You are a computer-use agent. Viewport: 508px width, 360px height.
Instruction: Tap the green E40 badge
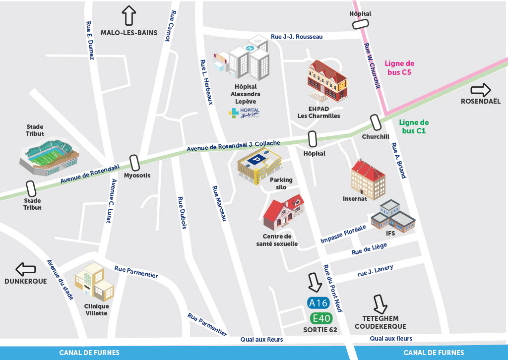pyautogui.click(x=321, y=318)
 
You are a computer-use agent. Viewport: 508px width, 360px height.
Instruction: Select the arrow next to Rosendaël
pyautogui.click(x=480, y=90)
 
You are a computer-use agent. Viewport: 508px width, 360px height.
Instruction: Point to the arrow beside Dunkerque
pyautogui.click(x=26, y=270)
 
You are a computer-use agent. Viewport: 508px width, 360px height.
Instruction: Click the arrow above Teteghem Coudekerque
pyautogui.click(x=381, y=304)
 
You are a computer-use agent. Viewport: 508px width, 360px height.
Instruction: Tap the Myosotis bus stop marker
pyautogui.click(x=134, y=162)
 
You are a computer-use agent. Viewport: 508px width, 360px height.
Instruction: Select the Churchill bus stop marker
pyautogui.click(x=375, y=122)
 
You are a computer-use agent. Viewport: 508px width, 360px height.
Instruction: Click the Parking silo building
pyautogui.click(x=259, y=167)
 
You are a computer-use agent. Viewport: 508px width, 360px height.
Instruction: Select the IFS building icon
pyautogui.click(x=392, y=217)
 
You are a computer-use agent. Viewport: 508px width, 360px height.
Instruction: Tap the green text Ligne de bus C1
pyautogui.click(x=414, y=126)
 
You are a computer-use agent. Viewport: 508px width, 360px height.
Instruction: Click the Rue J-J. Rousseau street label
pyautogui.click(x=297, y=36)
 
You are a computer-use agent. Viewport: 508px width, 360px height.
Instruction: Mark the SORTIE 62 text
pyautogui.click(x=320, y=330)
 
